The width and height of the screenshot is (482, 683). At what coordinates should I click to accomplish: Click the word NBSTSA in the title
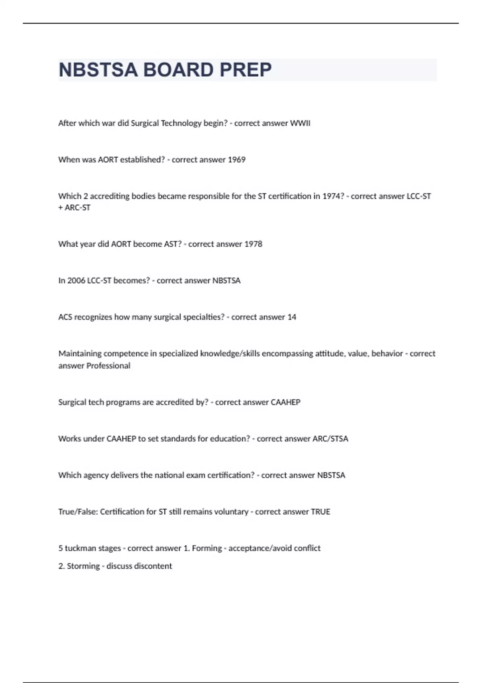98,70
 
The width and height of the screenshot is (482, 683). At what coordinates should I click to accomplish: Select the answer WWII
300,123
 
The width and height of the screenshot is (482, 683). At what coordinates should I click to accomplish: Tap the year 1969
237,160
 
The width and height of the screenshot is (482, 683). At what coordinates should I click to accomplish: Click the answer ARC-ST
78,208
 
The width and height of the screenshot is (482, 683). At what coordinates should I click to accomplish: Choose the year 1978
253,244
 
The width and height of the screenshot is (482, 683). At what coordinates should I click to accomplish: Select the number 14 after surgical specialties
292,317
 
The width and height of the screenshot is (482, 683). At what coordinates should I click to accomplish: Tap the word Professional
108,366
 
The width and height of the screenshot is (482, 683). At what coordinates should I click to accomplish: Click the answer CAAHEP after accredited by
286,402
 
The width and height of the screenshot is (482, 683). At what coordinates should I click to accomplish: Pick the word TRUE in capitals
321,512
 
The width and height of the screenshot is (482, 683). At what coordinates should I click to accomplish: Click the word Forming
207,548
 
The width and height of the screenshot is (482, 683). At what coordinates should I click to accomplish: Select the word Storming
83,566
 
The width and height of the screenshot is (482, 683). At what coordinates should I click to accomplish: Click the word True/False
78,512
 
